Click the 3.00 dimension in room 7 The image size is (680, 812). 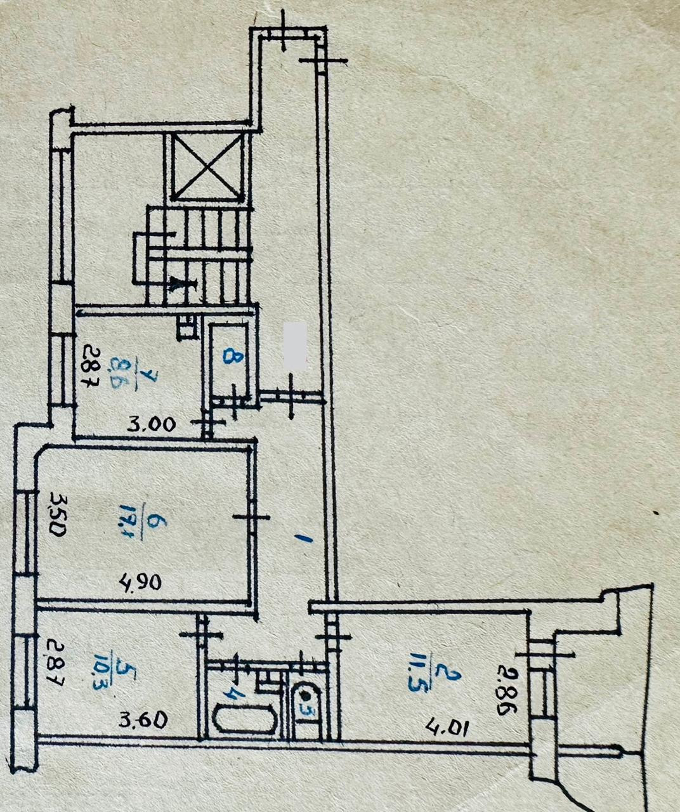pos(151,424)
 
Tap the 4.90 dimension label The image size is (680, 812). pos(141,581)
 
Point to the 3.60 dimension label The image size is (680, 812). pos(144,719)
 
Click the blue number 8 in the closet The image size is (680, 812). pos(234,358)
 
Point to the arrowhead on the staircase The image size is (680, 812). pos(181,285)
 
